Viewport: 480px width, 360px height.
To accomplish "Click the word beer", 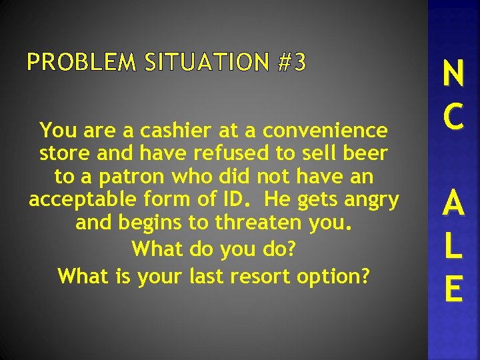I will click(x=365, y=153).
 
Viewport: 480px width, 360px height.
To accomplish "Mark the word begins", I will click(x=156, y=223).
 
